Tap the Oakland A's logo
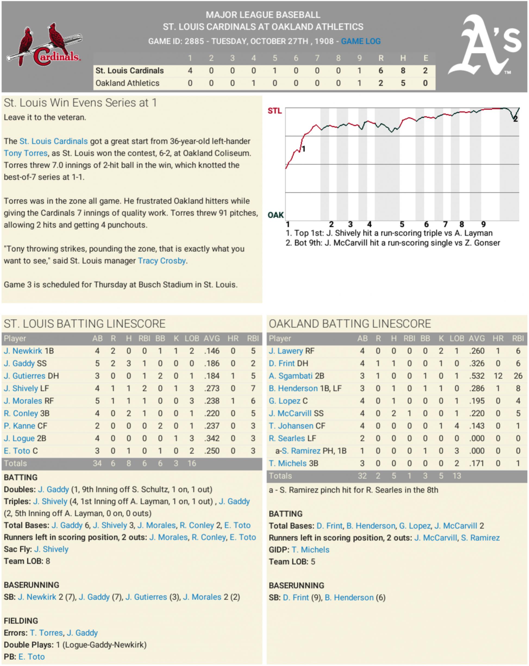485,45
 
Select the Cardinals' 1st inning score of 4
190,71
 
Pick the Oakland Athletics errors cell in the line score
425,83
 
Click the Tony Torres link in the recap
26,153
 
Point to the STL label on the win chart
274,111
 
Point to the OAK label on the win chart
276,215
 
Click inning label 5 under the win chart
402,224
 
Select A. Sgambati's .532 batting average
477,376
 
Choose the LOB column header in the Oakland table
457,339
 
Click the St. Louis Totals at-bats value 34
97,463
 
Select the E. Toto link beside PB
32,657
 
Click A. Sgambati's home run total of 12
498,376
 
